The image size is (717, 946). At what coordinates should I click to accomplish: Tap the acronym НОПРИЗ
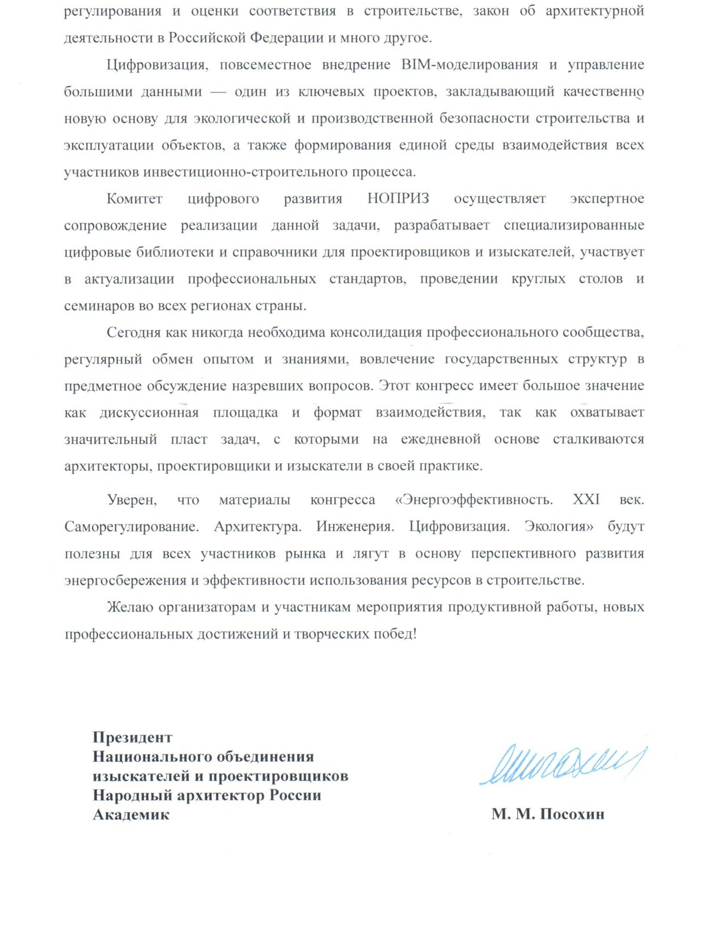tap(398, 199)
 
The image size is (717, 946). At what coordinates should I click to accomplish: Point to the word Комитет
tap(135, 199)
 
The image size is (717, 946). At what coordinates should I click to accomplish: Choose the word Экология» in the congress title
tap(560, 526)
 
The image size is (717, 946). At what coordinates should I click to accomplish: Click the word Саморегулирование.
tap(132, 526)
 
